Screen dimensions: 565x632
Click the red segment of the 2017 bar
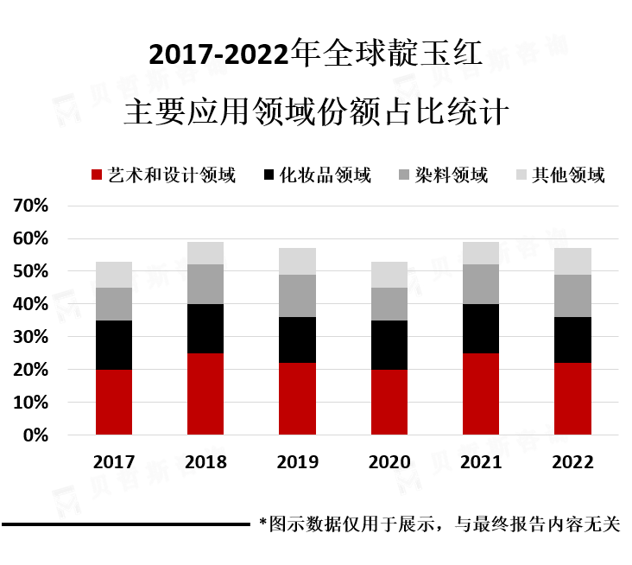pyautogui.click(x=114, y=402)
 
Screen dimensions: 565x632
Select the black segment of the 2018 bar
pyautogui.click(x=205, y=328)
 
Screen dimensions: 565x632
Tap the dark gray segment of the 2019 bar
pyautogui.click(x=297, y=295)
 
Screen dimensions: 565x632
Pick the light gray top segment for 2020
pyautogui.click(x=389, y=275)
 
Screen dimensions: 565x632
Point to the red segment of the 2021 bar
pyautogui.click(x=481, y=394)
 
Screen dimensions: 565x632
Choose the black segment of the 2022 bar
pyautogui.click(x=572, y=340)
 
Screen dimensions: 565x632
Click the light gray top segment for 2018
pyautogui.click(x=205, y=253)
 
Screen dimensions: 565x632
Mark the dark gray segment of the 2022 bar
pyautogui.click(x=572, y=295)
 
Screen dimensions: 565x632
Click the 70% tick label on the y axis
pyautogui.click(x=29, y=206)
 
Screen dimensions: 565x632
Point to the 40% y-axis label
pyautogui.click(x=29, y=304)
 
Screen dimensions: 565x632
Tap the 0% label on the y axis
pyautogui.click(x=35, y=435)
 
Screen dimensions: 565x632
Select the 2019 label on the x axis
pyautogui.click(x=297, y=462)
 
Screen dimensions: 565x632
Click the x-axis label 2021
pyautogui.click(x=481, y=462)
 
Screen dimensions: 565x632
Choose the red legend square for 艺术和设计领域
pyautogui.click(x=97, y=175)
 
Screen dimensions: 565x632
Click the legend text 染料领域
pyautogui.click(x=451, y=175)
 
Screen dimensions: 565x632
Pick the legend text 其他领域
pyautogui.click(x=568, y=175)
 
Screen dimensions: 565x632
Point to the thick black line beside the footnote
pyautogui.click(x=125, y=524)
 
